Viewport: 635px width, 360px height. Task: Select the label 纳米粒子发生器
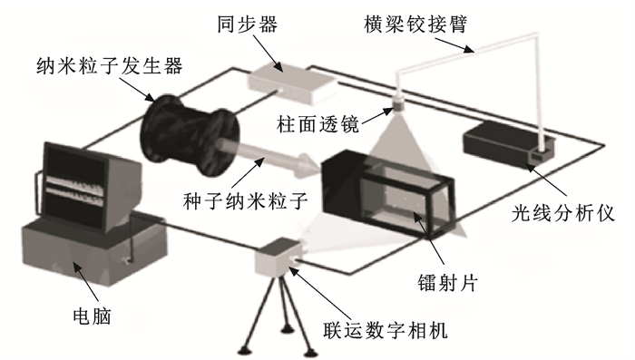(x=110, y=65)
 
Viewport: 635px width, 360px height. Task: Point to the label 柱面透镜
(x=318, y=123)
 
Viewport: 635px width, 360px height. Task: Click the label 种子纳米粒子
(x=246, y=200)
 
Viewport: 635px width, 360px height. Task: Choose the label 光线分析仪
(x=563, y=213)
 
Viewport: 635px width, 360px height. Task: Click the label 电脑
(x=92, y=316)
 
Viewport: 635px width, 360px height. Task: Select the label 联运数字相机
(x=386, y=330)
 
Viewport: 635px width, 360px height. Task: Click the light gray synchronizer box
(x=292, y=83)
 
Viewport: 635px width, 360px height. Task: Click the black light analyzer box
(x=509, y=145)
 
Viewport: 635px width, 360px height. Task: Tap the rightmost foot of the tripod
(x=310, y=352)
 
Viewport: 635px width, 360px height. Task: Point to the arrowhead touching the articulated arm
(x=471, y=50)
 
